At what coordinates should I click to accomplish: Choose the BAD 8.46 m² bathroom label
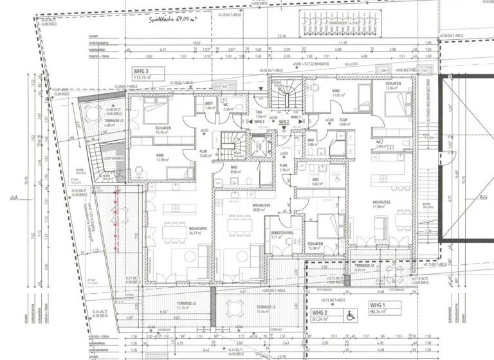click(x=235, y=170)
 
